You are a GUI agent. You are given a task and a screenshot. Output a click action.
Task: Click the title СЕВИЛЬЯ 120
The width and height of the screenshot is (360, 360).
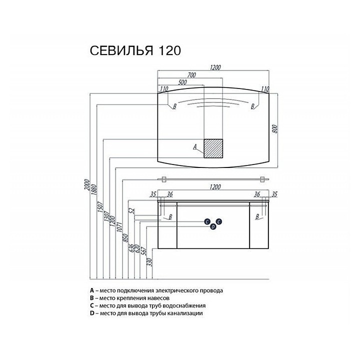pyautogui.click(x=135, y=50)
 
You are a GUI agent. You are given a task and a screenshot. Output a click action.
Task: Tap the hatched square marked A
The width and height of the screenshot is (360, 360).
pyautogui.click(x=213, y=148)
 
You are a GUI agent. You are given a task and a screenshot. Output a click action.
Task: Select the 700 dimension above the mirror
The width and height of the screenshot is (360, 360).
pyautogui.click(x=191, y=75)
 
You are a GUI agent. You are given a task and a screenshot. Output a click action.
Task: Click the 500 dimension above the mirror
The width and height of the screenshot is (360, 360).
pyautogui.click(x=182, y=82)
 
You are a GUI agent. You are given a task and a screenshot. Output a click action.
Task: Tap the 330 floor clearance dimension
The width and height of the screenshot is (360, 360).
pyautogui.click(x=150, y=261)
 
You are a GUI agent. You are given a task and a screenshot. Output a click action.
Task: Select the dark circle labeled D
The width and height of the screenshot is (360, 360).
pyautogui.click(x=213, y=227)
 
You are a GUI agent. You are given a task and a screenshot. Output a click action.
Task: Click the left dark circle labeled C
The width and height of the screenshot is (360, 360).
pyautogui.click(x=207, y=221)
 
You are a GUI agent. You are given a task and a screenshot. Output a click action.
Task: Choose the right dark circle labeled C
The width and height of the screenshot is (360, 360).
pyautogui.click(x=219, y=221)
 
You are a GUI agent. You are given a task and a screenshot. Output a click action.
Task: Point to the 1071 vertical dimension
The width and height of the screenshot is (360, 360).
pyautogui.click(x=119, y=226)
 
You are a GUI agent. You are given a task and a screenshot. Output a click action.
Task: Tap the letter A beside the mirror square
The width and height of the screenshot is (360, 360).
pyautogui.click(x=195, y=146)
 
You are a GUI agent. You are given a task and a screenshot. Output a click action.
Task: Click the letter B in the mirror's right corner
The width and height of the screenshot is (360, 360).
pyautogui.click(x=252, y=106)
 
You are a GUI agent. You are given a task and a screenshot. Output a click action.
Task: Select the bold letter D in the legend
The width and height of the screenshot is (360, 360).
pyautogui.click(x=92, y=313)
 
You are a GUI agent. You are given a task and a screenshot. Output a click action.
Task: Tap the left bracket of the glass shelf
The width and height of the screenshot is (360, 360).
pyautogui.click(x=163, y=179)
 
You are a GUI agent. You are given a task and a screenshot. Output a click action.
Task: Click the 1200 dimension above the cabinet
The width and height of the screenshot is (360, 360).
pyautogui.click(x=215, y=187)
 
